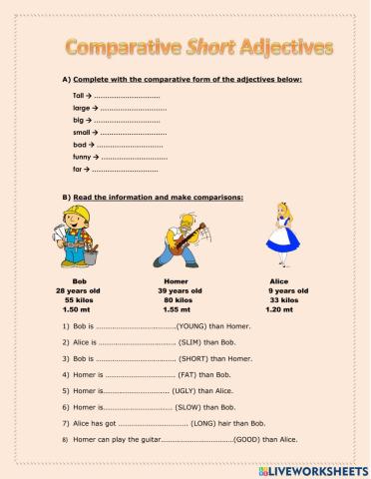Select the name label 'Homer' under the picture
tap(176, 281)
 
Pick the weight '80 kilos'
tap(177, 299)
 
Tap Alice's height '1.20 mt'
tap(288, 308)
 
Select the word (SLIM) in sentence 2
tap(192, 341)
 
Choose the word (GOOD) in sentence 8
tap(248, 439)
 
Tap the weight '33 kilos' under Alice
tap(288, 299)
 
